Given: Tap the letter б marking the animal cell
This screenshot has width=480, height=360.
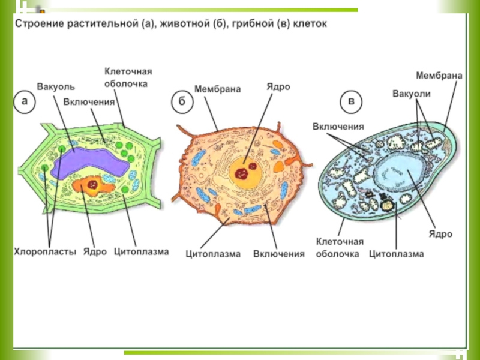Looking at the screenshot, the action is [181, 102].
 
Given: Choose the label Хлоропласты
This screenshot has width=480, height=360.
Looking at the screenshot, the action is [45, 251].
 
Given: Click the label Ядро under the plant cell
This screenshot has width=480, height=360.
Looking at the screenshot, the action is [95, 251].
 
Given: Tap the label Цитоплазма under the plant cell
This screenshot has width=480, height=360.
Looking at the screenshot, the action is [141, 251].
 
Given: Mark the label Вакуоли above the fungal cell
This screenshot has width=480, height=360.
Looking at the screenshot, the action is [412, 94].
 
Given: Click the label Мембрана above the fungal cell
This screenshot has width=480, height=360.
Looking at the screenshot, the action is [439, 76].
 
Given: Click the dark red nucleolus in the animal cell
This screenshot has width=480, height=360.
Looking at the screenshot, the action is [243, 173].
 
